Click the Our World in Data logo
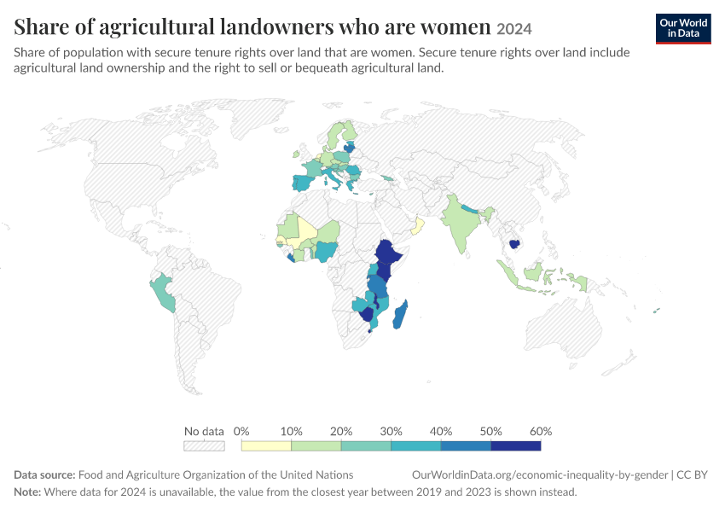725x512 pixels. point(683,29)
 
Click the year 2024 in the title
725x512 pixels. point(514,29)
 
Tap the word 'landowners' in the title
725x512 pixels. point(276,26)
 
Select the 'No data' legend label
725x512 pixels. point(204,431)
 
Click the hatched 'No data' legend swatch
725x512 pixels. point(204,445)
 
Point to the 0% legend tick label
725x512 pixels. point(241,431)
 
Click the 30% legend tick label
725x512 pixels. point(391,431)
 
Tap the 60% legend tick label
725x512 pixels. point(541,431)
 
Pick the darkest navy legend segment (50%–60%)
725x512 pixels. point(516,445)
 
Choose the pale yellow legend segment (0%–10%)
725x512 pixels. point(266,445)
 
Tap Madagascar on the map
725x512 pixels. point(400,315)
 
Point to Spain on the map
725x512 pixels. point(303,183)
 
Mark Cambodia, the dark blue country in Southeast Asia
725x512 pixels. point(513,243)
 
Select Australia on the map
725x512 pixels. point(564,328)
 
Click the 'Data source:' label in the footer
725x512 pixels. point(44,475)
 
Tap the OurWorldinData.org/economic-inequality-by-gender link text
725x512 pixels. point(540,475)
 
